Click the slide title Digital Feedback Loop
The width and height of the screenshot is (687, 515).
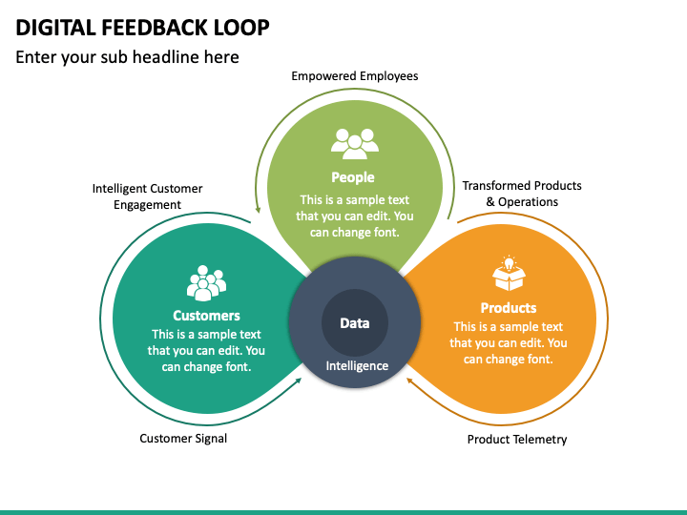142,28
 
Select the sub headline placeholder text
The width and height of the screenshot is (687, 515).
127,57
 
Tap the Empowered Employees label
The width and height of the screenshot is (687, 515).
354,76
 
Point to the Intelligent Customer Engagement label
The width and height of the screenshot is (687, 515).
147,196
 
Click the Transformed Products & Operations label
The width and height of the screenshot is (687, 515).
522,194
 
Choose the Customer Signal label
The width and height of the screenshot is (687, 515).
183,439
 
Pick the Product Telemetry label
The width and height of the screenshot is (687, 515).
517,440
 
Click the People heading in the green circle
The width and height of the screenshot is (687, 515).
353,177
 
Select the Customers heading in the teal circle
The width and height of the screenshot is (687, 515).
206,316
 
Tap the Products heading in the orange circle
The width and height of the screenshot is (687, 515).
509,308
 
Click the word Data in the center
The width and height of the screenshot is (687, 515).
354,323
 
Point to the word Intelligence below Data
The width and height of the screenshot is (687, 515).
357,366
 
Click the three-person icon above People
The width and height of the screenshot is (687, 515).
354,144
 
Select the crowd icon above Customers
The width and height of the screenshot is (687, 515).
206,283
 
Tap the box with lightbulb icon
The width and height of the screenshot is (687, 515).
509,274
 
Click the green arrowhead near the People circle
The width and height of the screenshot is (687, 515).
258,209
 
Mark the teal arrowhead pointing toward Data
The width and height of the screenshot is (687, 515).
298,381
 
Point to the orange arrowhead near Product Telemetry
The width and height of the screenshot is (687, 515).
410,381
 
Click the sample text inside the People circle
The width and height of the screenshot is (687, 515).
354,216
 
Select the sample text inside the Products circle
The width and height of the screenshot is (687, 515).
509,343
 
